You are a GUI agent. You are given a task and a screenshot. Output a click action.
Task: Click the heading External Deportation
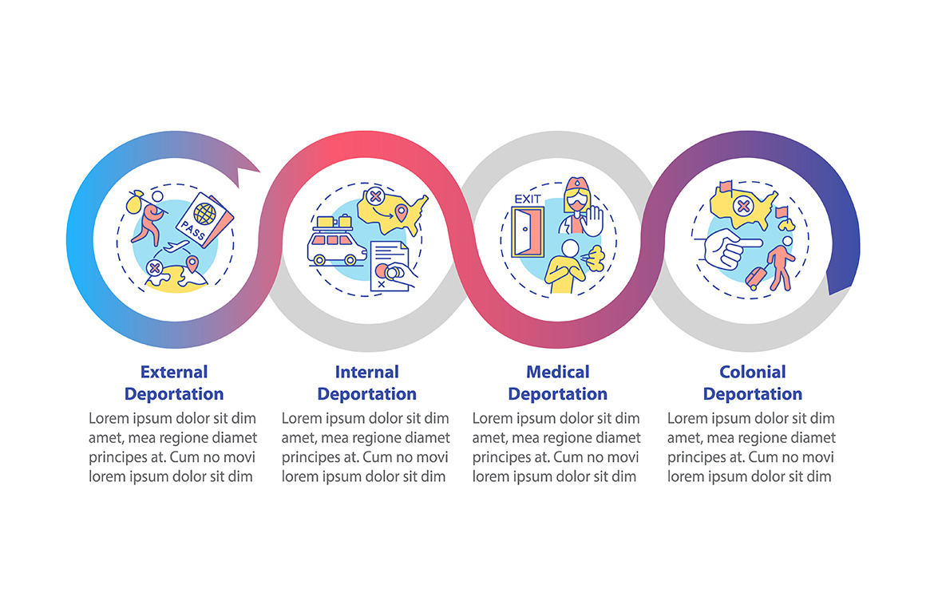click(x=174, y=383)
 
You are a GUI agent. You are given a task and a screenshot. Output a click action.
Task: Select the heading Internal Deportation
click(x=366, y=383)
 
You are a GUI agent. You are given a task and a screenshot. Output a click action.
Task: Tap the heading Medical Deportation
click(x=557, y=383)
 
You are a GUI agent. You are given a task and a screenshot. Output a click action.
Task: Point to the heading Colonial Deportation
click(x=752, y=383)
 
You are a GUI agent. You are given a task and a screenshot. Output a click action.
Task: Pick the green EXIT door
click(x=528, y=233)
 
